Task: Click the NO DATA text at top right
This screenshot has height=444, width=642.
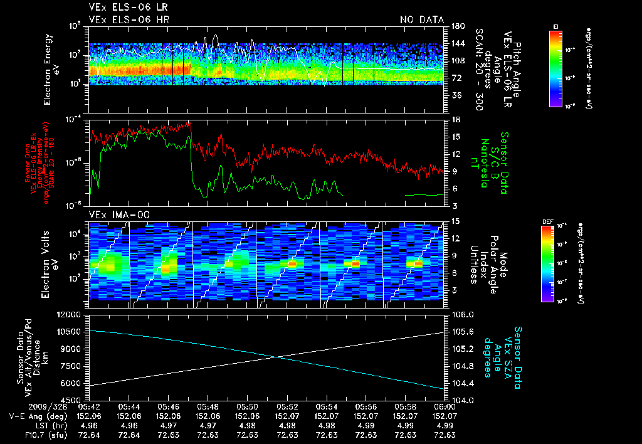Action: [x=421, y=20]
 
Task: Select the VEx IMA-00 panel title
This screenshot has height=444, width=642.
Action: [x=114, y=215]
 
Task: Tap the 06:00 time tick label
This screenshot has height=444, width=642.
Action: [x=445, y=406]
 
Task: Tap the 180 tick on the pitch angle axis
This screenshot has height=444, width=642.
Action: [x=456, y=26]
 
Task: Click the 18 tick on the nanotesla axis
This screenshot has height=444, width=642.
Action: [x=455, y=119]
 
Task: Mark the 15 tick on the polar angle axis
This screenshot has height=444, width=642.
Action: [x=455, y=221]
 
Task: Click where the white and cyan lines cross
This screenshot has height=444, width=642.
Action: [x=276, y=357]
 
